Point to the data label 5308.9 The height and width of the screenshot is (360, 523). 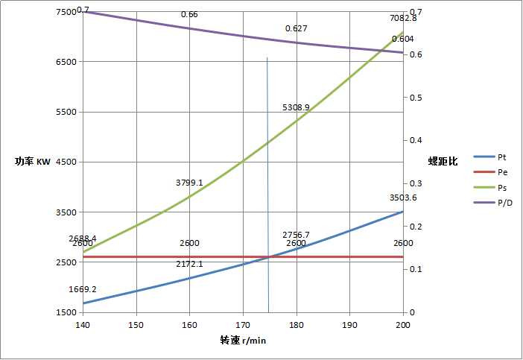[296, 107]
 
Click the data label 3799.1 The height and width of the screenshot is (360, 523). [189, 182]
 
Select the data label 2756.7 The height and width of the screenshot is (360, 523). [296, 235]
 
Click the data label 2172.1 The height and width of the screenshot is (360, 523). [189, 265]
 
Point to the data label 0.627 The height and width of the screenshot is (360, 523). [296, 28]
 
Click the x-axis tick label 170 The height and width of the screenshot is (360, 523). [243, 325]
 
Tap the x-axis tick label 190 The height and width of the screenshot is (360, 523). [349, 325]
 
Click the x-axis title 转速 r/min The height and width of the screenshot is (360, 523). [243, 340]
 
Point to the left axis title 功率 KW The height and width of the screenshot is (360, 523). [32, 162]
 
